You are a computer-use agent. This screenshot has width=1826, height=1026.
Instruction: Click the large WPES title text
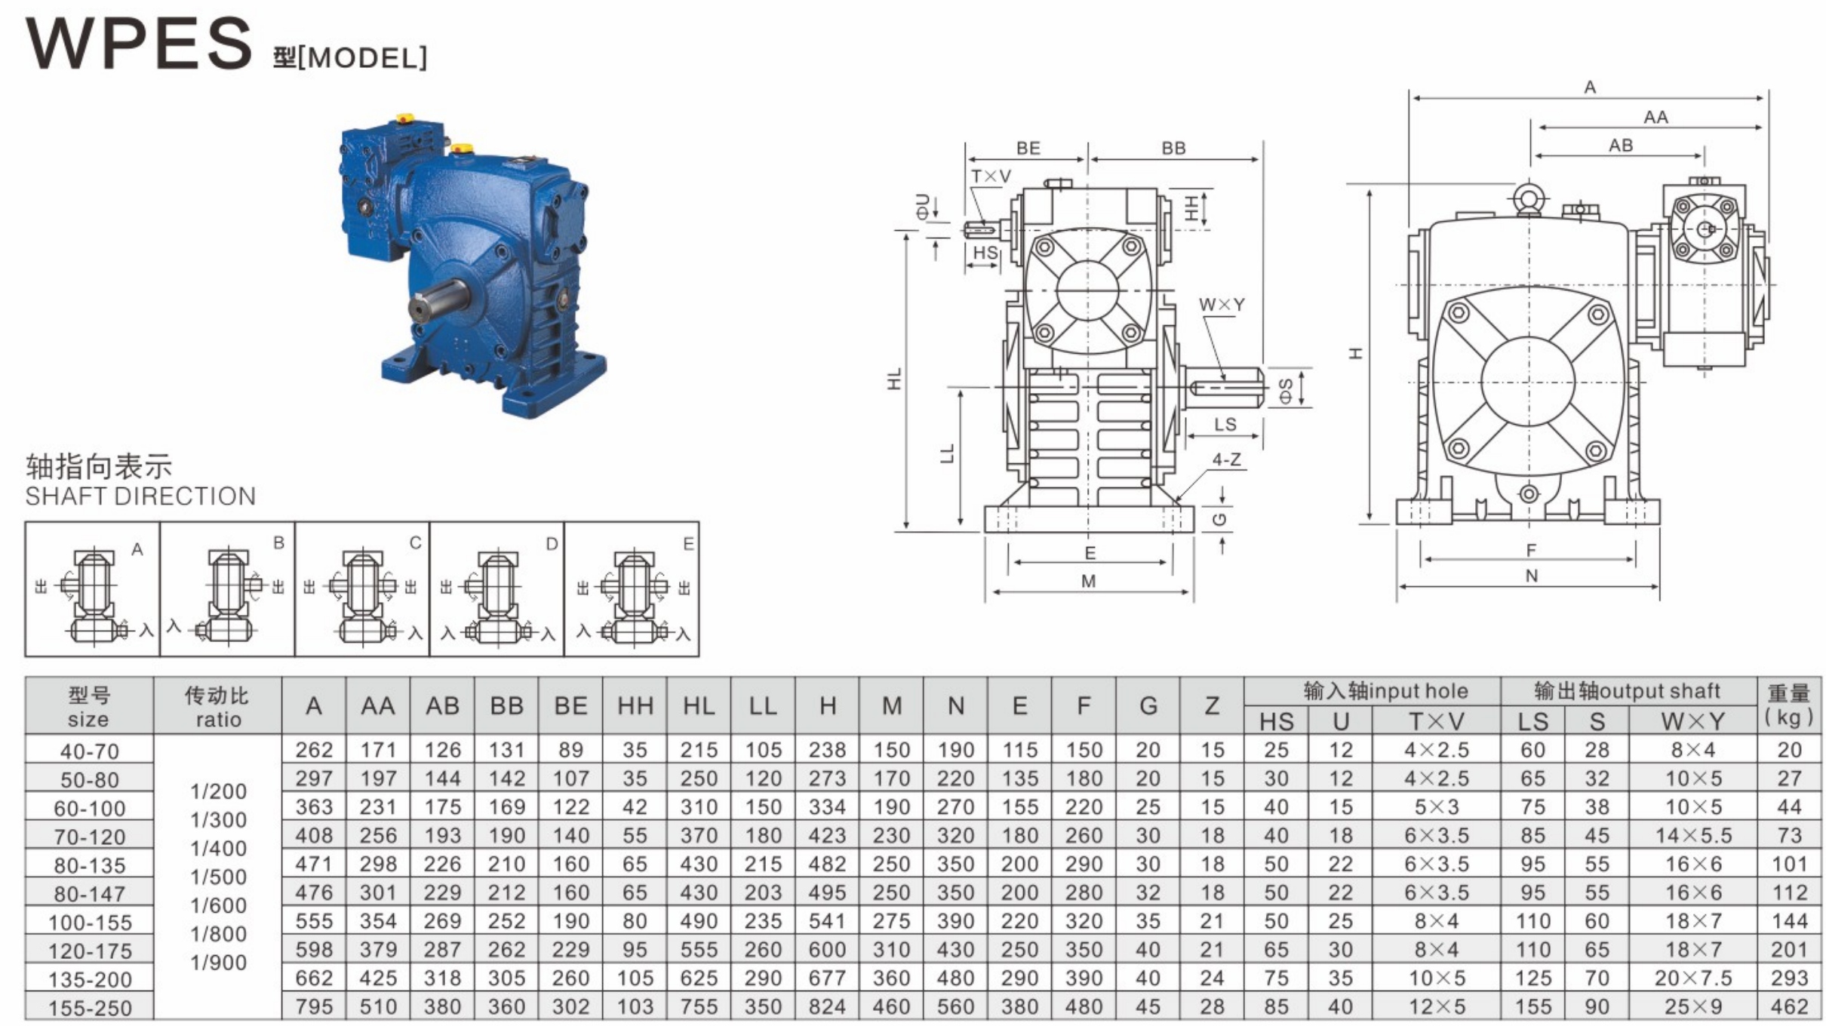tap(139, 44)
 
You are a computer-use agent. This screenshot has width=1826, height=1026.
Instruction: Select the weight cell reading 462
tap(1789, 1006)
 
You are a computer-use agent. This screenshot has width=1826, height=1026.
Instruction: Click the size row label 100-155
tap(90, 922)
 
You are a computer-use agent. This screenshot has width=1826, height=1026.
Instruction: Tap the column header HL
tap(699, 705)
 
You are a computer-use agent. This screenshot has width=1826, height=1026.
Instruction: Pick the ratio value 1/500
tap(218, 877)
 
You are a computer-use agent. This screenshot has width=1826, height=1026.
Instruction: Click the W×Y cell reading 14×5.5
tap(1693, 835)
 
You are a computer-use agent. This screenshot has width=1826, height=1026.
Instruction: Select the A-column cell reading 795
tap(314, 1006)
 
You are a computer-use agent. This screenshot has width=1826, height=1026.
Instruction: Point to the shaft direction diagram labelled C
tap(362, 589)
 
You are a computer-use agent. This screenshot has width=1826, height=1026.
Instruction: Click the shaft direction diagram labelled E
tap(632, 589)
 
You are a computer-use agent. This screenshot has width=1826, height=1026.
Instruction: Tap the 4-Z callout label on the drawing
tap(1226, 459)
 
